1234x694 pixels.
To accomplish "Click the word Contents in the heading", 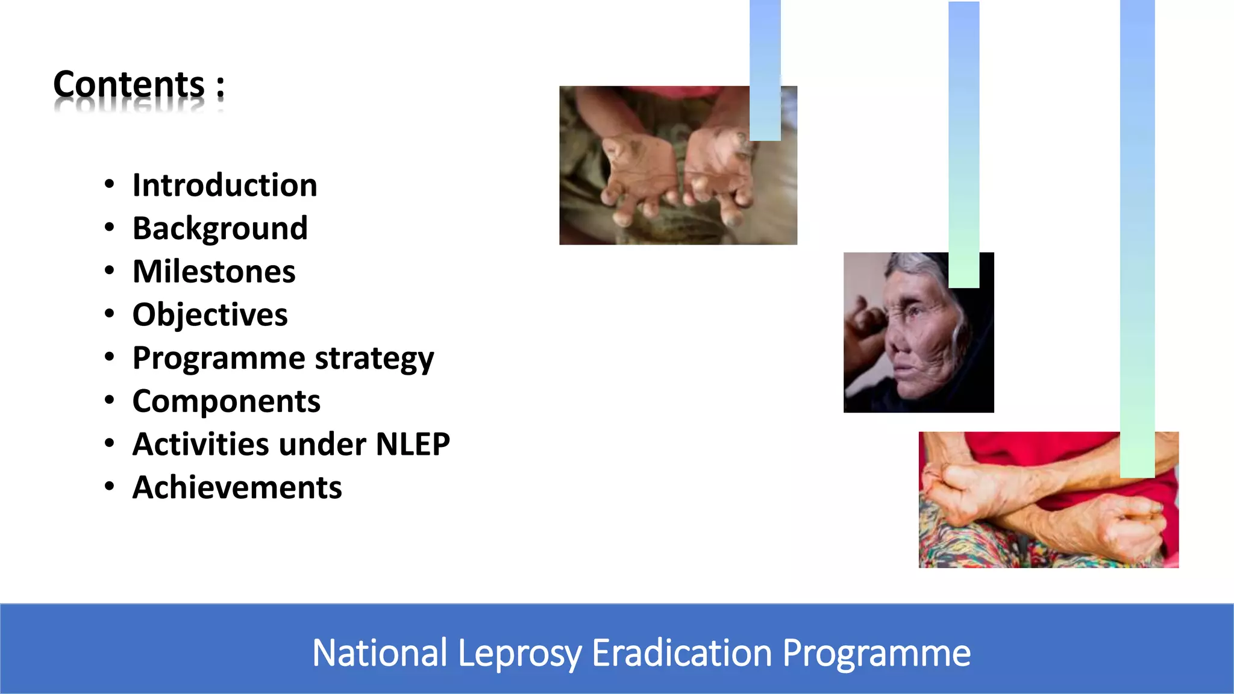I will tap(129, 84).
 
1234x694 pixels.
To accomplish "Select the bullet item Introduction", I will tap(225, 185).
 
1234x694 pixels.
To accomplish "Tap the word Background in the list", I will tap(220, 228).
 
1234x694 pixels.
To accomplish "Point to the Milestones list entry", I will tap(214, 272).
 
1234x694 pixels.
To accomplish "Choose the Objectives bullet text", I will tap(210, 315).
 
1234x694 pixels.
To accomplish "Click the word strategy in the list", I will tap(374, 358).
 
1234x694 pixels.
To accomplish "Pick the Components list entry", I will tap(226, 401).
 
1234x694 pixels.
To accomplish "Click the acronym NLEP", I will tap(413, 445).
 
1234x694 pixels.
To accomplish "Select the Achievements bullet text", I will tap(237, 488).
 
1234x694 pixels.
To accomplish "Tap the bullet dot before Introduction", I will tap(109, 184).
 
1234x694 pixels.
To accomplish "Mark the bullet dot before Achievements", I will tap(109, 487).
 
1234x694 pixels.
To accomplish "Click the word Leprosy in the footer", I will tap(519, 653).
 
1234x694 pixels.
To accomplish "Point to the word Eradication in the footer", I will tap(681, 653).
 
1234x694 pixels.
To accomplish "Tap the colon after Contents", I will tap(221, 86).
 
